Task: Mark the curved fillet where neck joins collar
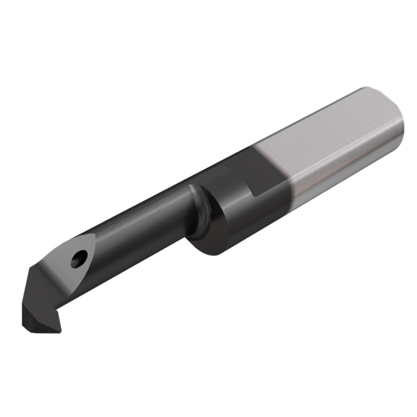point(198,209)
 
